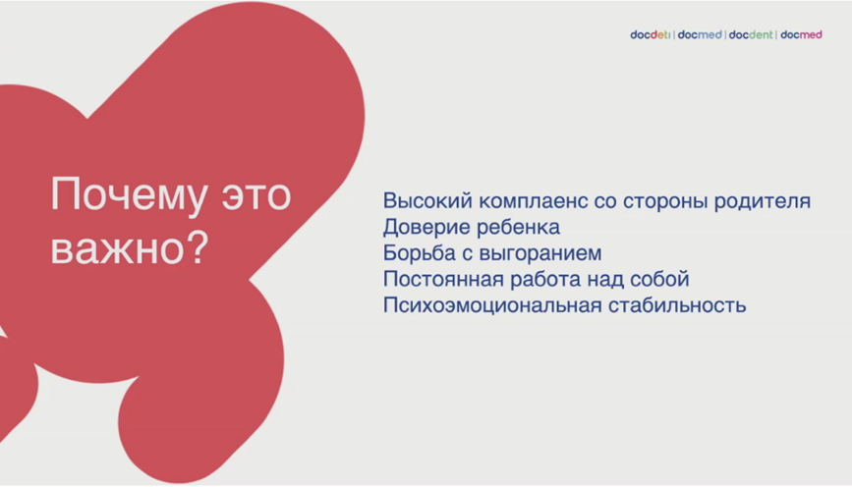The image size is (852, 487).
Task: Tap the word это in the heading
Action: (256, 196)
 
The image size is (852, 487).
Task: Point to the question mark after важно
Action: (197, 247)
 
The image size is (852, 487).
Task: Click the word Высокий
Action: (427, 201)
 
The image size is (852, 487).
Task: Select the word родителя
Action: (763, 201)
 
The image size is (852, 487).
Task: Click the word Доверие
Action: (422, 228)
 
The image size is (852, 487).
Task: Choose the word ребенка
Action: (513, 227)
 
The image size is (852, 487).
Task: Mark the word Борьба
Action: (420, 253)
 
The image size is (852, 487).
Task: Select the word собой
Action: (659, 279)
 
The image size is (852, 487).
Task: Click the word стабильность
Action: (677, 305)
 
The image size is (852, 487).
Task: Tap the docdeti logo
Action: (651, 34)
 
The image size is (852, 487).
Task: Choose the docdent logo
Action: (751, 34)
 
